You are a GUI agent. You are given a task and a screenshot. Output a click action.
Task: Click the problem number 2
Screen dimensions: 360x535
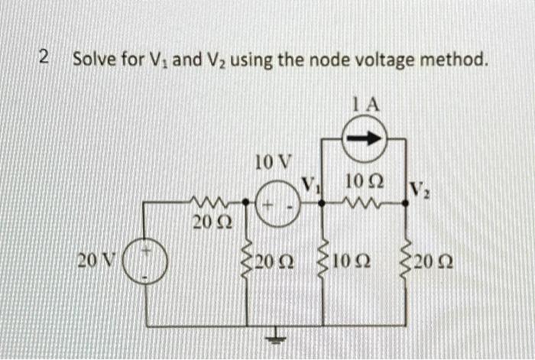pos(44,57)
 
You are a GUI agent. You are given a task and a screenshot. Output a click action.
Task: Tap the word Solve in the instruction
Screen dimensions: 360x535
pos(92,58)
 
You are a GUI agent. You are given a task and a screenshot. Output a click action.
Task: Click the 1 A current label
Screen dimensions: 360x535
pos(365,105)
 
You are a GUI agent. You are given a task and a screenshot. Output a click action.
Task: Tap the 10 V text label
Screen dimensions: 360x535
pos(272,162)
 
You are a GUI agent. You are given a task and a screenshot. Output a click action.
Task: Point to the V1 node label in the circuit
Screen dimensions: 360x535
pos(310,184)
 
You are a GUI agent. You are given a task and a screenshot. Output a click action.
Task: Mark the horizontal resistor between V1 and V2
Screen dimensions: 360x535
pos(361,203)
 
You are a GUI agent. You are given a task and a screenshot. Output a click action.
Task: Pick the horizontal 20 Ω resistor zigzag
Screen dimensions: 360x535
pos(208,203)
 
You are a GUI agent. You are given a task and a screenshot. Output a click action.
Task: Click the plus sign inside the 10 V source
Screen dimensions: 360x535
pos(265,206)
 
